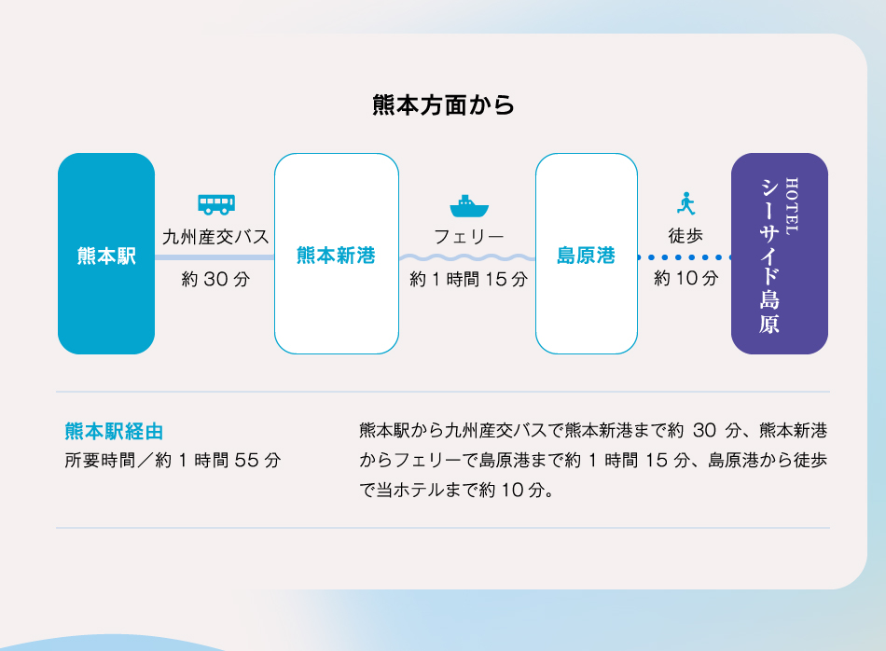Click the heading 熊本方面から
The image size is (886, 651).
click(443, 105)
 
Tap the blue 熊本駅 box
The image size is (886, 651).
click(106, 254)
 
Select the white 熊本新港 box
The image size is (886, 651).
click(337, 254)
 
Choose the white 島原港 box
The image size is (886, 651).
click(587, 254)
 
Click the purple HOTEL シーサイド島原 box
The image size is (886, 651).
click(780, 254)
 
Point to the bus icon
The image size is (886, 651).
click(216, 204)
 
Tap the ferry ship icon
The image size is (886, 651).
click(469, 206)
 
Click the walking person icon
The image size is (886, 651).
click(686, 203)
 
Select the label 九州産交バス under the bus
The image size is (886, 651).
click(215, 237)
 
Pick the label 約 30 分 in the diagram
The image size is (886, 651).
click(215, 279)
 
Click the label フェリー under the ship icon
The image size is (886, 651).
click(469, 237)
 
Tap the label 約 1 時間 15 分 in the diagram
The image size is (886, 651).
click(469, 279)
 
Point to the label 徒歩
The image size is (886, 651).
click(686, 236)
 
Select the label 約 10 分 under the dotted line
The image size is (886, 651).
click(686, 278)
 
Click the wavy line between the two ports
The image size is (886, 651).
click(467, 257)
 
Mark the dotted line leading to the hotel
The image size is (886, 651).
click(685, 257)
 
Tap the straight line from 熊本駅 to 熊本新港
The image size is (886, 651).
click(215, 257)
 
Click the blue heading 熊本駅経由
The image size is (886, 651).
click(114, 432)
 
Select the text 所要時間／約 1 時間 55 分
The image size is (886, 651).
click(173, 461)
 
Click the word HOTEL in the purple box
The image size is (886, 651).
click(792, 206)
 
